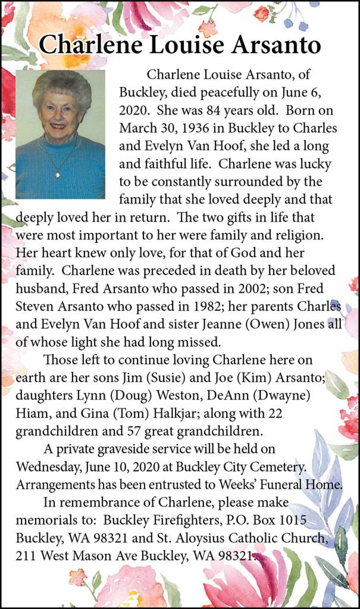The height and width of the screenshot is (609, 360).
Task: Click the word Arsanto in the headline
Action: tap(271, 44)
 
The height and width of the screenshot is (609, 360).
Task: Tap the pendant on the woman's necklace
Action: tap(57, 175)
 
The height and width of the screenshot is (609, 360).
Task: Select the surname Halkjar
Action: tap(196, 411)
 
